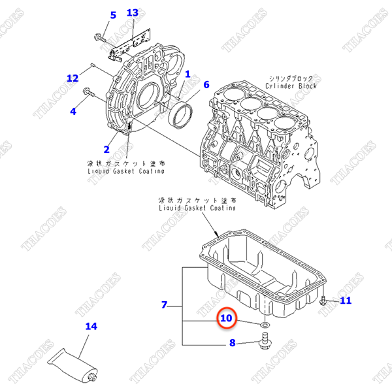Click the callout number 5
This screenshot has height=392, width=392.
tap(112, 15)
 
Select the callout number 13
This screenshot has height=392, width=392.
tap(133, 13)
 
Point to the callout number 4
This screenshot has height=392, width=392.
tap(73, 111)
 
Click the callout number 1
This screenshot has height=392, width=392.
tap(187, 75)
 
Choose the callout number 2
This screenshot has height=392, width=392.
tap(106, 150)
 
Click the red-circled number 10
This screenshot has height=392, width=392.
tap(226, 318)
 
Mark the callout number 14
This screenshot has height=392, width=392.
tap(91, 325)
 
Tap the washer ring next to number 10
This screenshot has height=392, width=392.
tap(264, 324)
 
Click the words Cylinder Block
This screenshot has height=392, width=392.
tap(291, 86)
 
